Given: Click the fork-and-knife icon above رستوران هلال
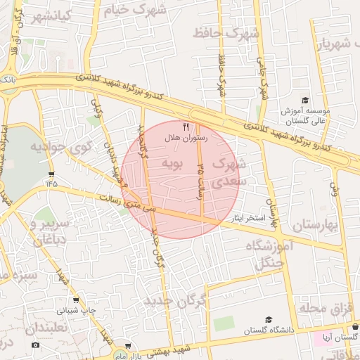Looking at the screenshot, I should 186,127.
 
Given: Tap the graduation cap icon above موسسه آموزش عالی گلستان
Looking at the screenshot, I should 304,101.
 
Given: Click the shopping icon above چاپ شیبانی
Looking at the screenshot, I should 76,300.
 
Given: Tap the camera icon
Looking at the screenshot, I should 36,345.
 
